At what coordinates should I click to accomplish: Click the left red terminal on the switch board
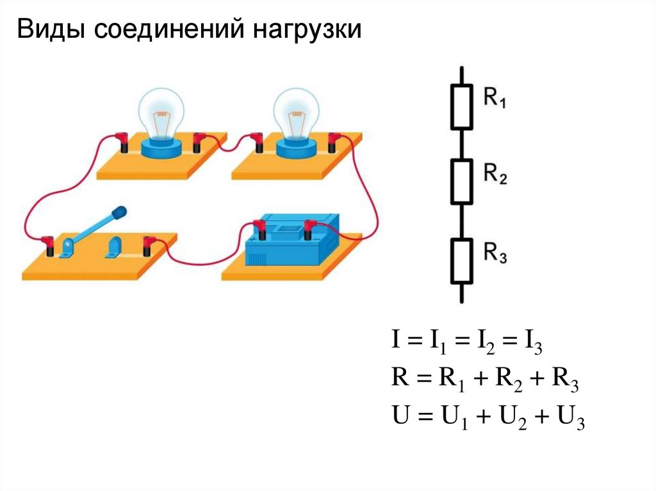pos(47,243)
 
